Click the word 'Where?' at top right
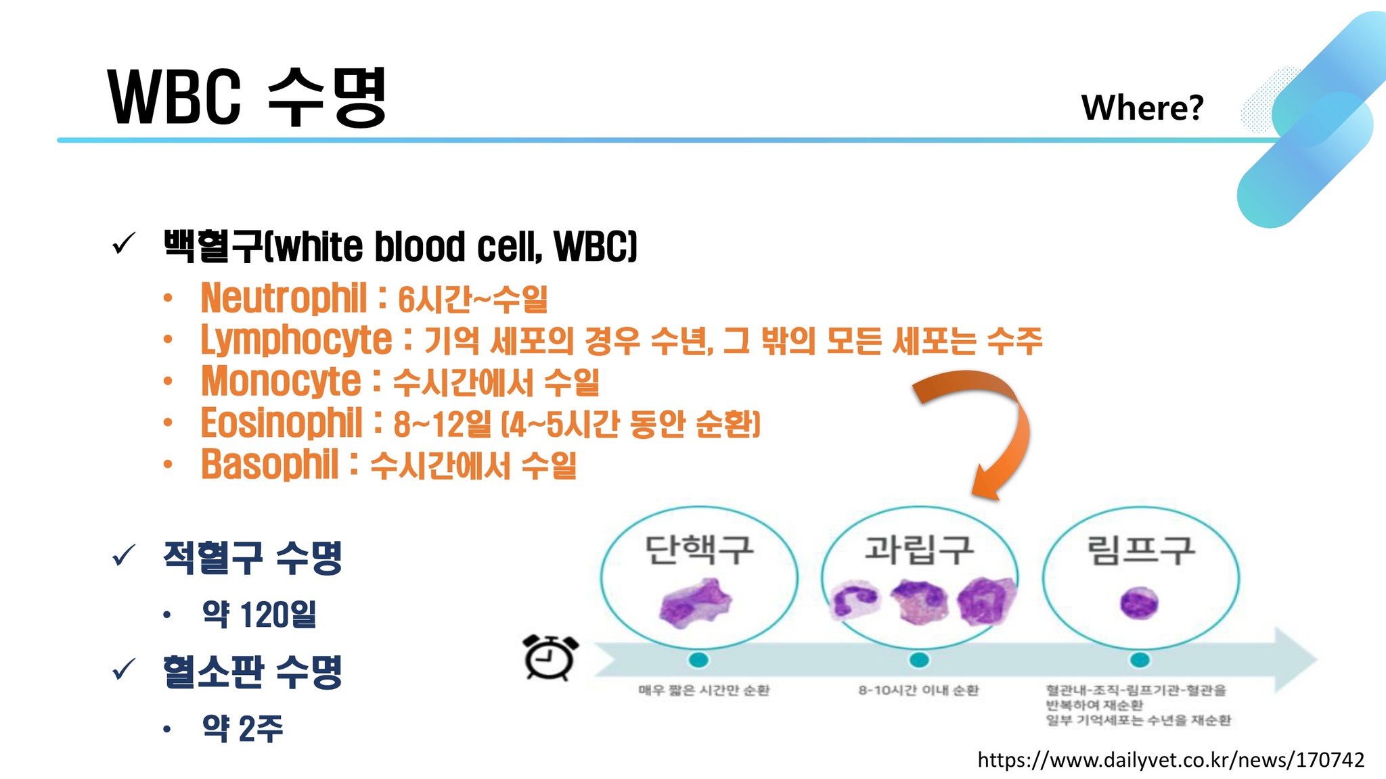tap(1142, 108)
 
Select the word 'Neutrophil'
tap(284, 298)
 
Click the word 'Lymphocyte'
tap(296, 340)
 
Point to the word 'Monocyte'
tap(281, 381)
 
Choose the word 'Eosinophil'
tap(282, 423)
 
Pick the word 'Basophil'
tap(269, 465)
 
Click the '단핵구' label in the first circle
tap(698, 550)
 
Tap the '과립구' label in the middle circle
tap(919, 550)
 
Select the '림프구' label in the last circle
tap(1140, 550)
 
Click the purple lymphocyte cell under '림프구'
tap(1139, 603)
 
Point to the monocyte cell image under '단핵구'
tap(696, 602)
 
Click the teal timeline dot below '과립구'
tap(919, 659)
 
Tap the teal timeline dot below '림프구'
tap(1140, 659)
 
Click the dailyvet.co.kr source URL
tap(1171, 760)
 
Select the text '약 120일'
tap(259, 614)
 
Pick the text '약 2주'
tap(242, 728)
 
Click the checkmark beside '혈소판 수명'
tap(124, 669)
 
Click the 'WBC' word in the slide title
tap(174, 97)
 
